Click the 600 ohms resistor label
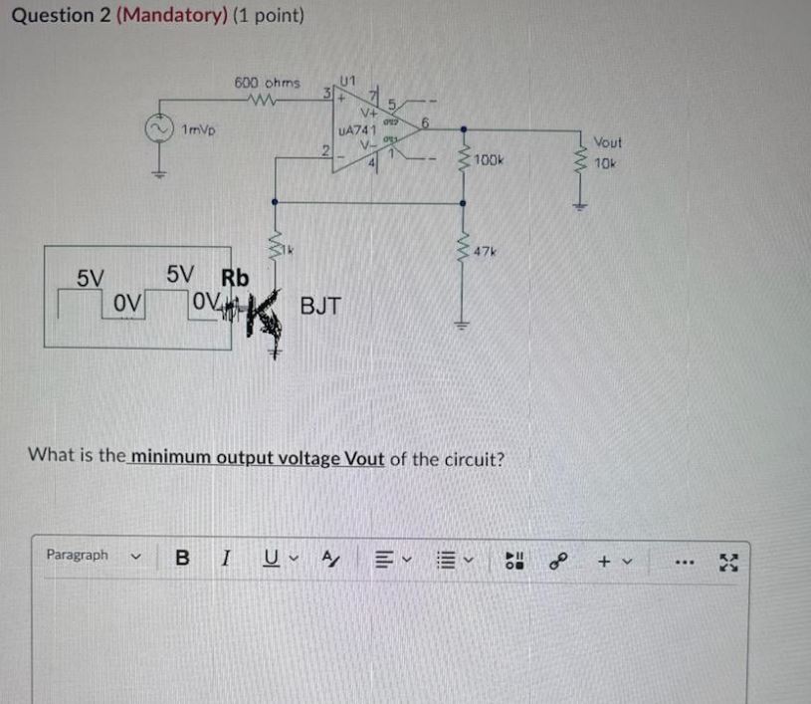click(x=267, y=83)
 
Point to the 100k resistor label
click(x=490, y=159)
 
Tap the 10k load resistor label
click(x=605, y=162)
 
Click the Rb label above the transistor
click(x=235, y=276)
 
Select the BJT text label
click(x=320, y=306)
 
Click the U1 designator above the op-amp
click(x=347, y=79)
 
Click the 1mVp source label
click(x=203, y=128)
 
